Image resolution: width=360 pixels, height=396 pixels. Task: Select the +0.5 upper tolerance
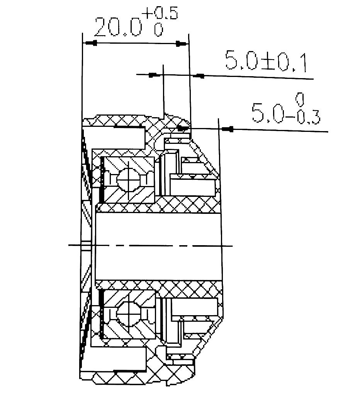click(160, 14)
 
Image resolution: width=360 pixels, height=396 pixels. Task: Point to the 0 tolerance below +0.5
click(158, 30)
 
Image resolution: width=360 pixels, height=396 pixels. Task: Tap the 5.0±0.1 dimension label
click(265, 62)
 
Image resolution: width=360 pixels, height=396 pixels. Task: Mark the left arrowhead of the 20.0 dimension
click(91, 43)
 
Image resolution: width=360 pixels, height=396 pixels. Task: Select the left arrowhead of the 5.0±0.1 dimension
click(154, 75)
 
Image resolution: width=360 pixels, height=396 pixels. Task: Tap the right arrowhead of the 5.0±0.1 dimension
click(200, 76)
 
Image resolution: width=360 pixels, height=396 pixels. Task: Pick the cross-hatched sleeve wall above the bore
click(185, 205)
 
